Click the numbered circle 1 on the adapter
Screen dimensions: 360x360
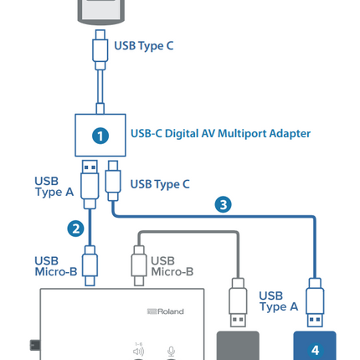point(100,136)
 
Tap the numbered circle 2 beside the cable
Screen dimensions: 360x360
point(75,229)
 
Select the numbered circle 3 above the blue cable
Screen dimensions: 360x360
point(223,204)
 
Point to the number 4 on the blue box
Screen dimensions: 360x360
point(315,350)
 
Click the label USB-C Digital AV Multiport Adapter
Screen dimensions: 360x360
point(220,134)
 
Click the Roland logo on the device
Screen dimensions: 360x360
point(166,311)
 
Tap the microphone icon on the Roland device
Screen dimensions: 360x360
point(171,351)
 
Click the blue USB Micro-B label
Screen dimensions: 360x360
point(56,266)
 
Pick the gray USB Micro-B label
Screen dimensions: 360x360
point(172,266)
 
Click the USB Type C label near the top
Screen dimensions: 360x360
point(144,46)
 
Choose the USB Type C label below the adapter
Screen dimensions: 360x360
point(160,184)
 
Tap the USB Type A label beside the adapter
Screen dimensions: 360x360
point(54,187)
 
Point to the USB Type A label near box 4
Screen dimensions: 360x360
point(279,301)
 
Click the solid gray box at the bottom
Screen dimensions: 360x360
point(238,346)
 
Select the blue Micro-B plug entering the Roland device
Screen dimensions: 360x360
point(90,265)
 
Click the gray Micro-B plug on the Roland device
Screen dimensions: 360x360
point(139,265)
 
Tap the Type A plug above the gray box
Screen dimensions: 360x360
point(238,302)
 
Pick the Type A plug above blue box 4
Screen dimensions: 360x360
point(315,302)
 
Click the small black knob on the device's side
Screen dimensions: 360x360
point(35,345)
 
